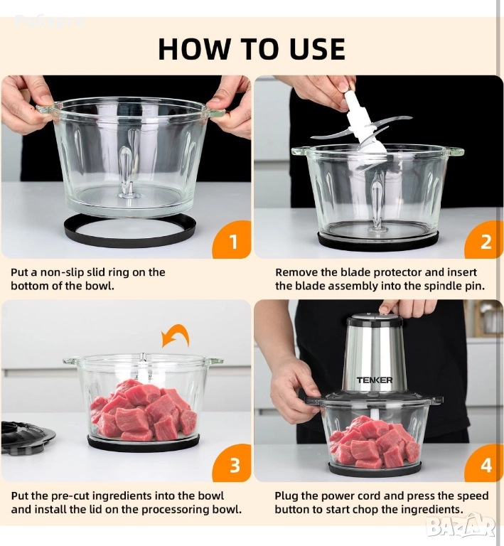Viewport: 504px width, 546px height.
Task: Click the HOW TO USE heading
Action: point(252,49)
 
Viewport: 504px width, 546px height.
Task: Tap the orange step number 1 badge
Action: point(232,240)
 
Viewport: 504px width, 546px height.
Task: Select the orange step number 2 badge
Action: point(485,241)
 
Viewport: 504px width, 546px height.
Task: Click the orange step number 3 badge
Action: point(232,464)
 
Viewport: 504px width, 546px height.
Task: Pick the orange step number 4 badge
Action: point(485,464)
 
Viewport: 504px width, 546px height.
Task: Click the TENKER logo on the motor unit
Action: point(375,380)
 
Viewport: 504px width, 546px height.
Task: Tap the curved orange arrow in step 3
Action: point(175,336)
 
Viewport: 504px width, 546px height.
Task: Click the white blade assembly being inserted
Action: point(362,129)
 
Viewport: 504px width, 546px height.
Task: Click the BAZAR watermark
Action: point(461,526)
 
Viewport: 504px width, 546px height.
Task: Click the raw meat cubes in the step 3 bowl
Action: point(144,410)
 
